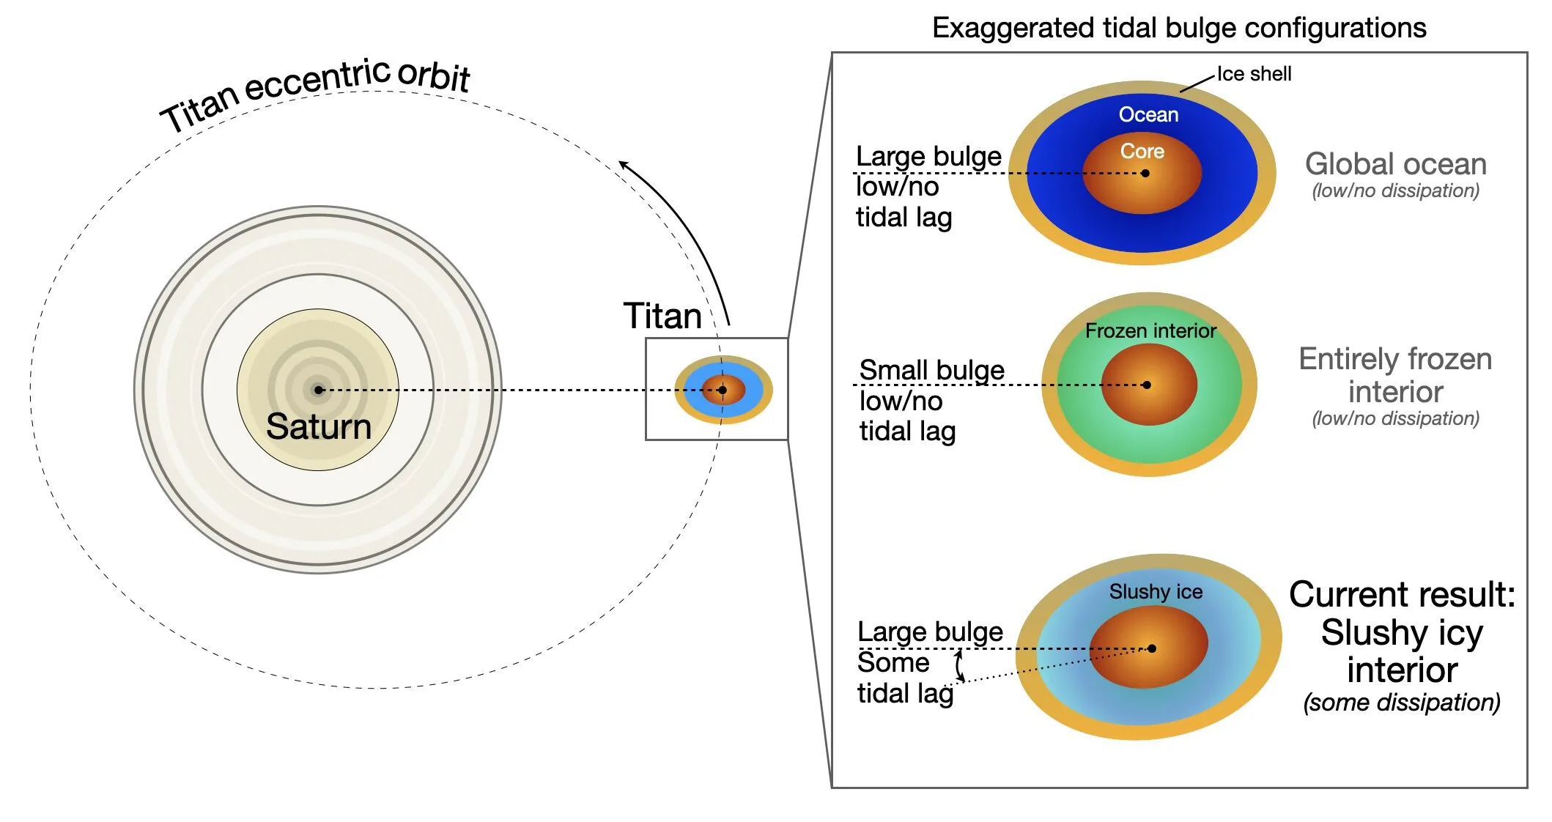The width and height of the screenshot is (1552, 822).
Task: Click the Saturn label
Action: click(319, 426)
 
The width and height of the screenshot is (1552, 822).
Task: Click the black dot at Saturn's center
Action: click(319, 390)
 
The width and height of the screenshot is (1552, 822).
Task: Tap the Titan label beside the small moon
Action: click(662, 316)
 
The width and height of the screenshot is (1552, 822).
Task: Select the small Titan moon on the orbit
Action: click(723, 390)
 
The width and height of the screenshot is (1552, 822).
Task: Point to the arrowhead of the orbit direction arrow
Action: click(621, 163)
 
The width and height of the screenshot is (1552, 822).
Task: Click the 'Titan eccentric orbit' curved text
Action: click(315, 92)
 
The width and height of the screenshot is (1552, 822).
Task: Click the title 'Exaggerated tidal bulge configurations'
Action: click(1178, 28)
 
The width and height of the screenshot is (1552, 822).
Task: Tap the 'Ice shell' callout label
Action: click(1254, 74)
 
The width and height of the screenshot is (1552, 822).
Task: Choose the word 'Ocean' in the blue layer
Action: click(1148, 115)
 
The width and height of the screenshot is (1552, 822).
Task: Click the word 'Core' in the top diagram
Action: click(1142, 151)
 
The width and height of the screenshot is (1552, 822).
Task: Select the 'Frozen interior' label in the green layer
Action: click(1150, 331)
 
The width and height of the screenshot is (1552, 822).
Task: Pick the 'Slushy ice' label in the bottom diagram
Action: click(1156, 592)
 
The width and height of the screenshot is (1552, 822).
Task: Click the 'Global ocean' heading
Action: click(1395, 164)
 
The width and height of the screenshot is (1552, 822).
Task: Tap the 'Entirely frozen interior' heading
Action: click(1395, 375)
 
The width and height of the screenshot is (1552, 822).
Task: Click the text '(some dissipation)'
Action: click(1401, 703)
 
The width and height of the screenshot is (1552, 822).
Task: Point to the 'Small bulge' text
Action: click(931, 370)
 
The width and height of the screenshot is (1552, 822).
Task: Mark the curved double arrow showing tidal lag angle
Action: click(959, 666)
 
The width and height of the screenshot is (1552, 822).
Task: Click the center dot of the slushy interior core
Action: click(1152, 648)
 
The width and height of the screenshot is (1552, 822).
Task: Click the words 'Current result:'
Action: click(1402, 594)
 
